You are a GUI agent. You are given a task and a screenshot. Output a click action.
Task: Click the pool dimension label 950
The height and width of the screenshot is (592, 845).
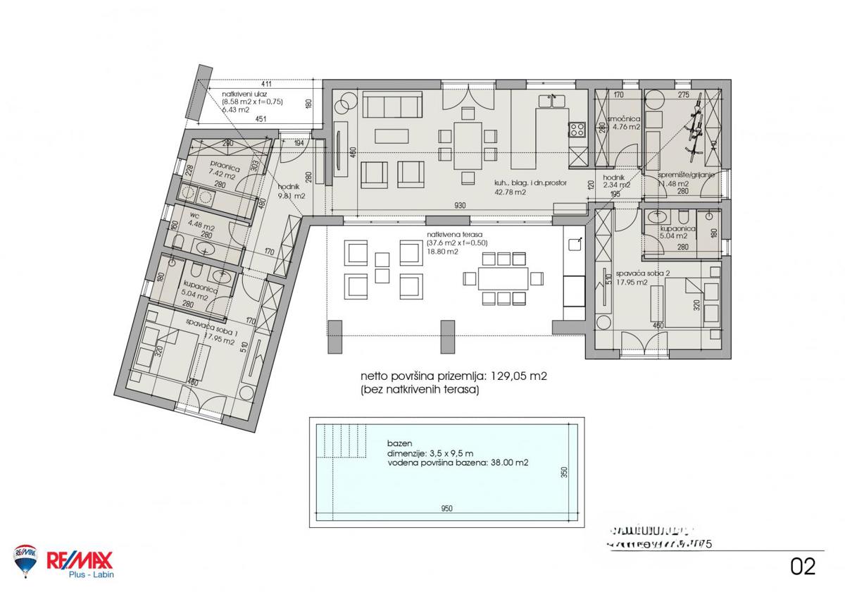pos(446,509)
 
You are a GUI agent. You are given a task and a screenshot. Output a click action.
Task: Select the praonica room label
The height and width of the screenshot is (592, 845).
pos(209,169)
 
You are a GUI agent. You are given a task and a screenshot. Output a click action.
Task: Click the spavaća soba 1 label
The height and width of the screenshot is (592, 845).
pos(211,323)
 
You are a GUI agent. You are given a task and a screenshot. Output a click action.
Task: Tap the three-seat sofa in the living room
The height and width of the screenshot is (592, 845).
pos(393,106)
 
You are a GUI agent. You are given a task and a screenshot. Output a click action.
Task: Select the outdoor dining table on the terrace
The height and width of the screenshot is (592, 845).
pos(503,279)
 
